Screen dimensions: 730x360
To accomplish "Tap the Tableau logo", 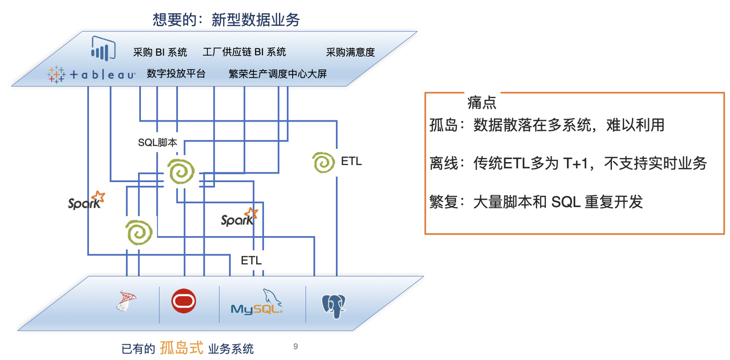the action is click(x=91, y=74).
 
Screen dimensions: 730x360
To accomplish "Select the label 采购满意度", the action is click(x=350, y=52).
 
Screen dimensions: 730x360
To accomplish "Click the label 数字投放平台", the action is click(x=176, y=74).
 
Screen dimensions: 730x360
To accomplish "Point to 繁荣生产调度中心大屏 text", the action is click(x=277, y=74).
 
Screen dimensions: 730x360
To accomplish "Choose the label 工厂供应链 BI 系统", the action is click(x=244, y=52).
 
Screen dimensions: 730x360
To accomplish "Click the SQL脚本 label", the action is click(x=157, y=143).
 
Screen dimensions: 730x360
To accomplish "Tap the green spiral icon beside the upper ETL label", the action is click(x=323, y=162).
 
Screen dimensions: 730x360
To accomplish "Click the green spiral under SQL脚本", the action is click(x=181, y=172).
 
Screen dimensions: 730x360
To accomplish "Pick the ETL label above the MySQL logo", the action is click(x=251, y=261).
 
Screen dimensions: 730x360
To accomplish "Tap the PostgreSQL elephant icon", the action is click(x=334, y=305).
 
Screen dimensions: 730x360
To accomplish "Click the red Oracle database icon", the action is click(x=184, y=301).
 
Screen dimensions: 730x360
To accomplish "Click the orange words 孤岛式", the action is click(x=181, y=347).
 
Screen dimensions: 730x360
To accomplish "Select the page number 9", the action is click(x=295, y=346).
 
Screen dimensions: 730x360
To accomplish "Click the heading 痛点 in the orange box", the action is click(x=481, y=103).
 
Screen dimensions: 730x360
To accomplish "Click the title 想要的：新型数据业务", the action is click(x=226, y=20).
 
